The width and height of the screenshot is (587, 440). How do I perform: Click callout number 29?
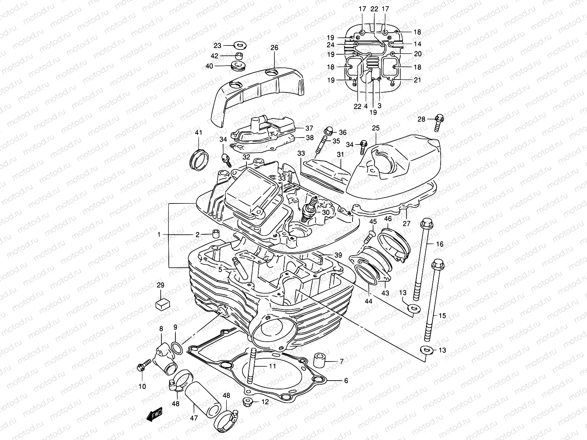click(x=160, y=285)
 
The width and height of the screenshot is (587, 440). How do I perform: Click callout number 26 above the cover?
click(x=274, y=48)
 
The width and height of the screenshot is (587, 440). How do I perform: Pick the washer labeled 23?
click(x=240, y=45)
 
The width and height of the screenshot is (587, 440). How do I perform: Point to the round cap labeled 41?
click(x=200, y=159)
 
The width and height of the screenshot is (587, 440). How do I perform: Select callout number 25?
click(x=376, y=128)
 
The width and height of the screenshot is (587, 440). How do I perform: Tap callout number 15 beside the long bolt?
click(x=442, y=315)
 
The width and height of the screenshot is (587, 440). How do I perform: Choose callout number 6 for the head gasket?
click(x=346, y=381)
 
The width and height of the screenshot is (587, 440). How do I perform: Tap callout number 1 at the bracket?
click(x=159, y=235)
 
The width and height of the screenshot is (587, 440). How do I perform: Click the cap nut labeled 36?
click(x=329, y=131)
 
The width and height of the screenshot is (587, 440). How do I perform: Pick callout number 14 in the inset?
click(x=417, y=44)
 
